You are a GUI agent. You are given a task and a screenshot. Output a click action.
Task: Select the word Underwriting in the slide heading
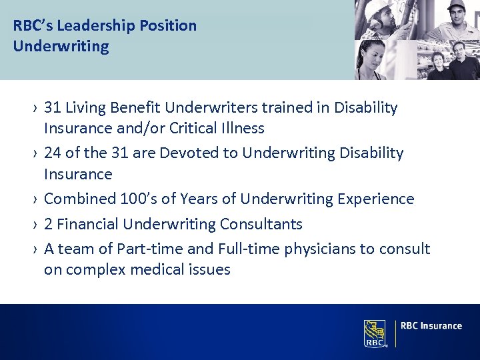click(61, 47)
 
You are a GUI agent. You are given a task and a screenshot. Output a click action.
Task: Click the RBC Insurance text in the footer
click(431, 326)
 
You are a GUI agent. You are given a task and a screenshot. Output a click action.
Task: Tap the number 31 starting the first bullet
click(53, 107)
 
